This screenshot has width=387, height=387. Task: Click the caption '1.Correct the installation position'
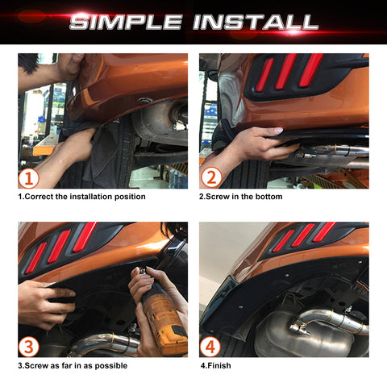(x=81, y=196)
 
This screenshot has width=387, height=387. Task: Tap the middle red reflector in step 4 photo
(x=304, y=235)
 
